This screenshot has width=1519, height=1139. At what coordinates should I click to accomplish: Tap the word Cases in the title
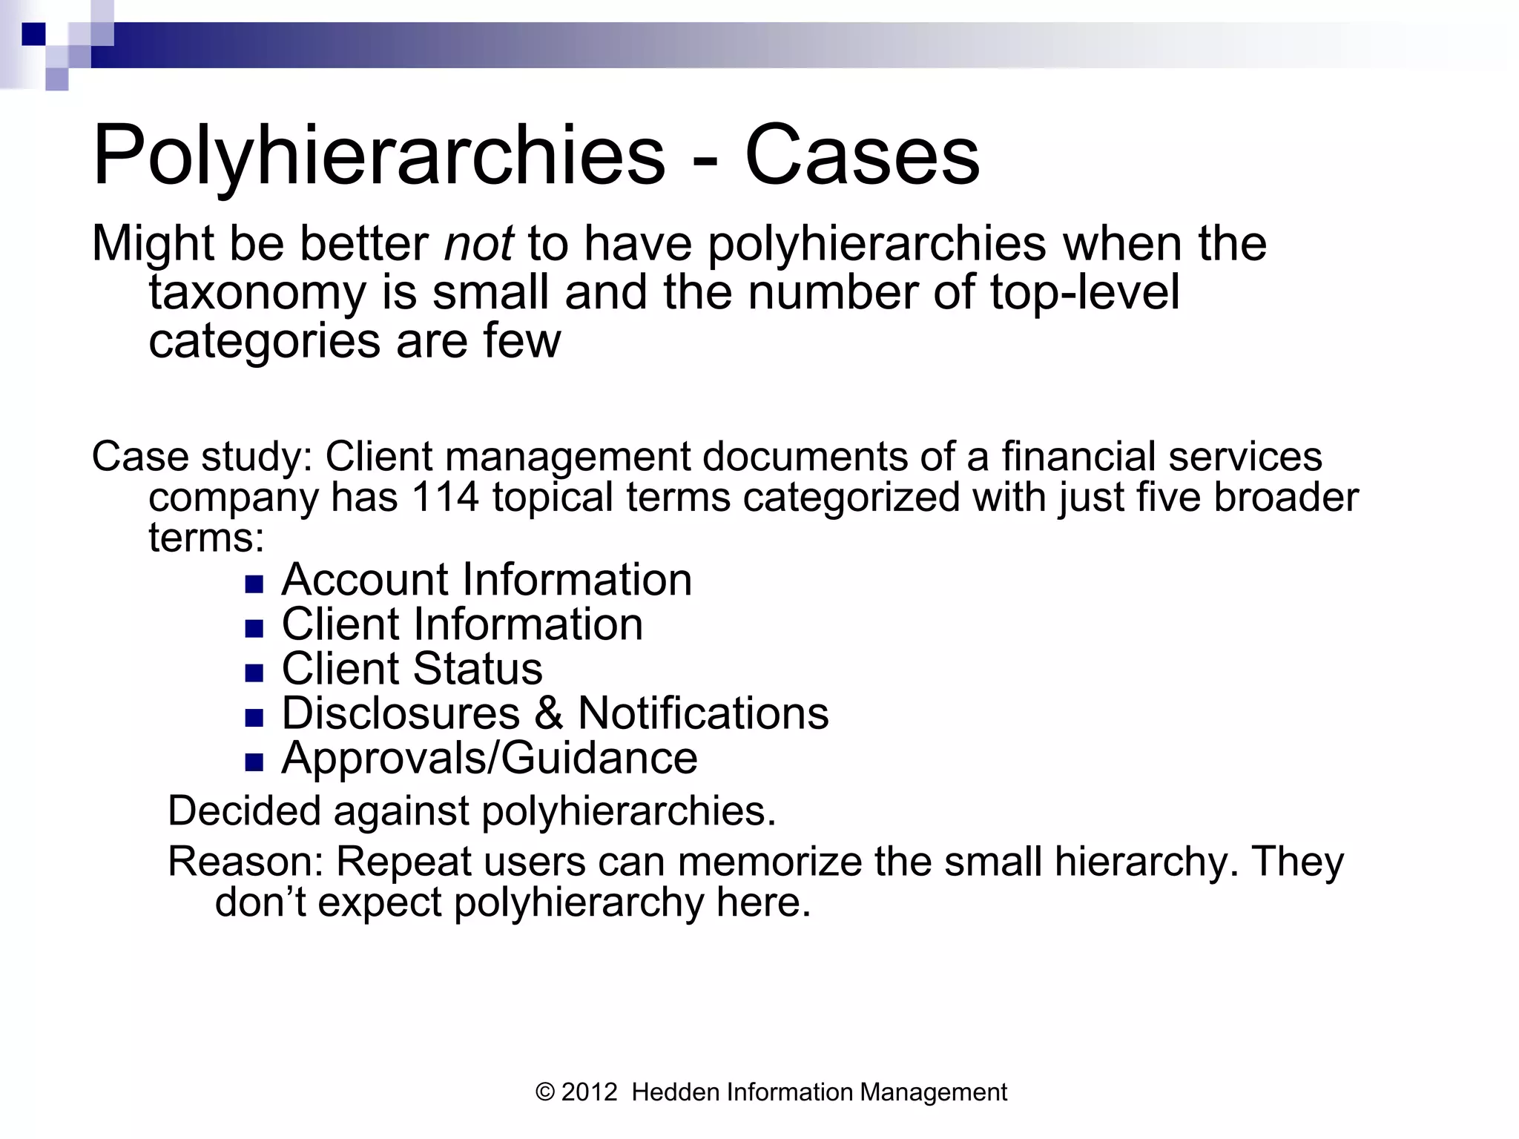click(x=862, y=156)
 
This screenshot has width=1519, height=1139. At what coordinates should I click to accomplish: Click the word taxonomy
click(x=257, y=293)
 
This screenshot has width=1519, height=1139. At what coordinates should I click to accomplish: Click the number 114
click(x=445, y=497)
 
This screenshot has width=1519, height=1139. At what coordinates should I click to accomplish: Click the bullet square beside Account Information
click(x=254, y=585)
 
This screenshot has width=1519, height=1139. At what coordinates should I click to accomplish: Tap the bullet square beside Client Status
click(x=254, y=674)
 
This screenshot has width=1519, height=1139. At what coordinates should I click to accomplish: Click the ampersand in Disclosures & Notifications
click(x=549, y=713)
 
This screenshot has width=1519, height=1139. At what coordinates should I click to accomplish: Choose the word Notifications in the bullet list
click(x=703, y=713)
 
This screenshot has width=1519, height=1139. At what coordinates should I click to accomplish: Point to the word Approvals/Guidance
click(x=490, y=758)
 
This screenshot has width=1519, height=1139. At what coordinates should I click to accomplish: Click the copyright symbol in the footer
click(x=545, y=1092)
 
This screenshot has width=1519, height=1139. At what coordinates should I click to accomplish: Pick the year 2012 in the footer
click(x=590, y=1092)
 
